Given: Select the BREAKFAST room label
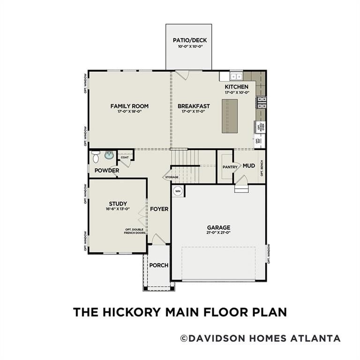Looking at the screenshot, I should point(194,106).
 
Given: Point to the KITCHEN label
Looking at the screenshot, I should point(237,87).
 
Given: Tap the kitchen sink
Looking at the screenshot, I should point(236,76).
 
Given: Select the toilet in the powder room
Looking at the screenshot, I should point(96,156).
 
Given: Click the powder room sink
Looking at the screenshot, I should point(109,156).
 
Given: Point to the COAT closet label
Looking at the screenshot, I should point(124,157).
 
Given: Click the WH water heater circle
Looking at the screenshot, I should point(178,191).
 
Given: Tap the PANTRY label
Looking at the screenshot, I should point(230,166).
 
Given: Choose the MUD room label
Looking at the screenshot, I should point(248,166).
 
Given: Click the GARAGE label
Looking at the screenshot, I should point(218,228).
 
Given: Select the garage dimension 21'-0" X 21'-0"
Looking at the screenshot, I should point(218,233).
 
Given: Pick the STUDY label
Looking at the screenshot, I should point(118,203).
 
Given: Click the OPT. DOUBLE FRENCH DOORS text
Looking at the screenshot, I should point(135,231).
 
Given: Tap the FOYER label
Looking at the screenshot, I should point(159,209).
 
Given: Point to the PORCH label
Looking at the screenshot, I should point(158,265).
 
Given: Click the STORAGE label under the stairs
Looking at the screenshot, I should point(171,177).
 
